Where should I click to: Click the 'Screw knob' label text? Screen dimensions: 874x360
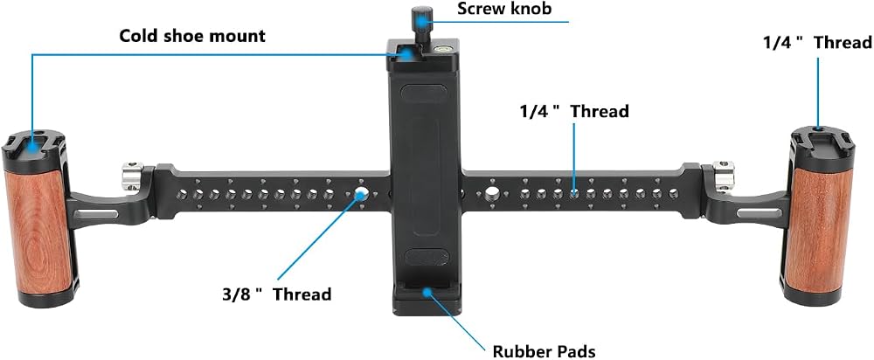(x=504, y=9)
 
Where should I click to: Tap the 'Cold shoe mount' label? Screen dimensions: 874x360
(x=192, y=36)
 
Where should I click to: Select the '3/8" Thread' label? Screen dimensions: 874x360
(x=275, y=294)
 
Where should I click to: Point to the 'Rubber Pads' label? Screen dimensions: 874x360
(x=544, y=351)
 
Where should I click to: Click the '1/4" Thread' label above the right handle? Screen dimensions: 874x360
(x=817, y=42)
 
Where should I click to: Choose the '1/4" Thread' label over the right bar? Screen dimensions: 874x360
(x=574, y=112)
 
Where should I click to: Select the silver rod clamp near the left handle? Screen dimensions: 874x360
(x=133, y=176)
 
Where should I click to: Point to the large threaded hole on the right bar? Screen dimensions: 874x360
(x=491, y=193)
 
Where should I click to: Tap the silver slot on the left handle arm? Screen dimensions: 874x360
(x=100, y=214)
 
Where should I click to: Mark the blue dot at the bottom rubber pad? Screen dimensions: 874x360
(x=427, y=290)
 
